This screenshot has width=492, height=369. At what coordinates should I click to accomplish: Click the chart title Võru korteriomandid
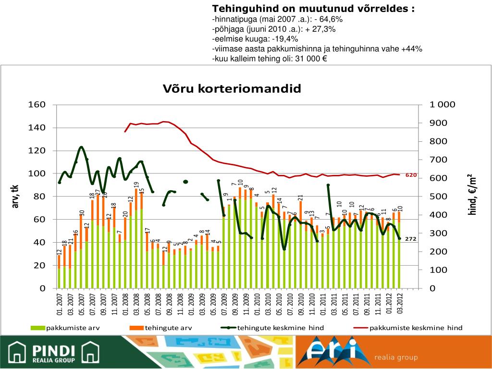pyautogui.click(x=232, y=88)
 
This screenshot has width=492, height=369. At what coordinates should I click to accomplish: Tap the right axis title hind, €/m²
pyautogui.click(x=473, y=194)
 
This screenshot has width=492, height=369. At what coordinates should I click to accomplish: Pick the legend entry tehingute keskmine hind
pyautogui.click(x=280, y=328)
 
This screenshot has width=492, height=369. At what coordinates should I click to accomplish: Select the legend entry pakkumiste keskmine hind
pyautogui.click(x=416, y=328)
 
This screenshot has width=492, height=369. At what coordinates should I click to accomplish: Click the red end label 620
pyautogui.click(x=411, y=175)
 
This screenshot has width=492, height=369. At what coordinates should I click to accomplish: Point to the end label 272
pyautogui.click(x=410, y=239)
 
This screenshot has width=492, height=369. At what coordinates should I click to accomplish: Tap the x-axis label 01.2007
pyautogui.click(x=59, y=306)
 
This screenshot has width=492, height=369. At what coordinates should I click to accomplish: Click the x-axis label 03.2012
pyautogui.click(x=400, y=306)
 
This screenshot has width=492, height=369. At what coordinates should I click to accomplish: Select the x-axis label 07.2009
pyautogui.click(x=224, y=306)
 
